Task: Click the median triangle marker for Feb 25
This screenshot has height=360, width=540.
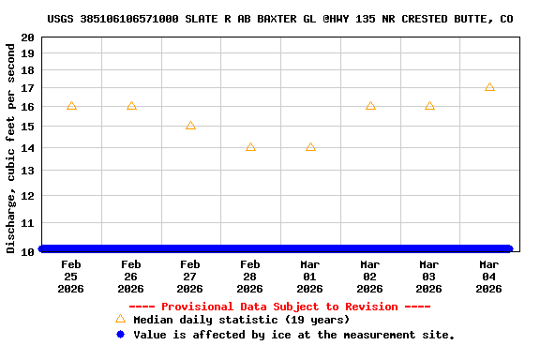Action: click(71, 106)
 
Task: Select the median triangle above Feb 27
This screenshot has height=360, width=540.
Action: click(190, 126)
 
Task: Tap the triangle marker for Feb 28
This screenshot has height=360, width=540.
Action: click(250, 147)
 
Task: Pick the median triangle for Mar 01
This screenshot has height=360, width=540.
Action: click(310, 147)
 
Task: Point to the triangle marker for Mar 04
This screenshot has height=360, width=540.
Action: click(489, 87)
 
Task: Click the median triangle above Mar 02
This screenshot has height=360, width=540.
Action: click(370, 106)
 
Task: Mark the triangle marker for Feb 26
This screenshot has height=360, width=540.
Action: click(131, 106)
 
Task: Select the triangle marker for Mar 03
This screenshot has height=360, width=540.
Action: click(429, 106)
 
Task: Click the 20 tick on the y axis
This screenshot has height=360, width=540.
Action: click(29, 37)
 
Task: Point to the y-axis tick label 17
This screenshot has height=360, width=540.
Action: click(29, 88)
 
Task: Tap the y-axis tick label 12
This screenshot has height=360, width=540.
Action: click(29, 196)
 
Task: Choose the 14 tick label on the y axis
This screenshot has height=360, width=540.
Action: click(29, 148)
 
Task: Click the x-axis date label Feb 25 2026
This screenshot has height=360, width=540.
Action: click(71, 277)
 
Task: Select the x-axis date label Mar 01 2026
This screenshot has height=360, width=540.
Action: click(310, 277)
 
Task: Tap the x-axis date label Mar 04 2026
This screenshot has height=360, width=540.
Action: click(489, 277)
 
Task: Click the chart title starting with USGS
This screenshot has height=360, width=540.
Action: click(279, 19)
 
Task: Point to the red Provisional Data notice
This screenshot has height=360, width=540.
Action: click(279, 307)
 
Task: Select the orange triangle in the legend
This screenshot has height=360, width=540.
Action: click(120, 319)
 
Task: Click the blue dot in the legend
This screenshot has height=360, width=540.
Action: click(120, 334)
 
